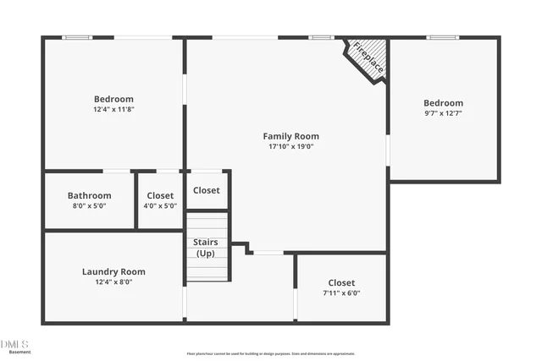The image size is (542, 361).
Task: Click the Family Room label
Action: click(x=290, y=136)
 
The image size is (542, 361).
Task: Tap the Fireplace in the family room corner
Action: click(x=368, y=57)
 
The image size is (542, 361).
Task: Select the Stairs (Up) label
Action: click(x=206, y=248)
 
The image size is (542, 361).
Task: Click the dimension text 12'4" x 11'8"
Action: click(x=113, y=109)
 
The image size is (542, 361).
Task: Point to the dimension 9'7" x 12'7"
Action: click(x=443, y=112)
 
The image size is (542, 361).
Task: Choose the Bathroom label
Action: click(x=89, y=195)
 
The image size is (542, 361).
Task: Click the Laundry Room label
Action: click(x=113, y=271)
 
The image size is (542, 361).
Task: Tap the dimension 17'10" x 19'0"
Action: click(x=290, y=146)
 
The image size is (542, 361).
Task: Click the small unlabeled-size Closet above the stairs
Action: click(x=207, y=190)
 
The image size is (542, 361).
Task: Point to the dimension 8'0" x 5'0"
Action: click(x=89, y=205)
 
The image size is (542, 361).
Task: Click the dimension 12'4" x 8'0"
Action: click(x=113, y=282)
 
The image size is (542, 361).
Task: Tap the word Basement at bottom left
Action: click(x=14, y=352)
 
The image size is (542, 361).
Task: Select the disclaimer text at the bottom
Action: click(x=271, y=354)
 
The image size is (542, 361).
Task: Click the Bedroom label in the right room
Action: click(x=443, y=102)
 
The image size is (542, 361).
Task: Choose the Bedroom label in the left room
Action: click(x=113, y=99)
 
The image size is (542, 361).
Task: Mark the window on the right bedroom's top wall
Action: click(x=442, y=37)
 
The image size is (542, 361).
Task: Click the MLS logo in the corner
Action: click(x=14, y=343)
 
